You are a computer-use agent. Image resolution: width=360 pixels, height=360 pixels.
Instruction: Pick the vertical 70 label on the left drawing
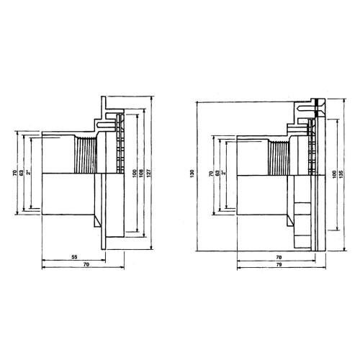click(x=15, y=173)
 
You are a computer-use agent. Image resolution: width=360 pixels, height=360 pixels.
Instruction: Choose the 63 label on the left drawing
click(x=23, y=173)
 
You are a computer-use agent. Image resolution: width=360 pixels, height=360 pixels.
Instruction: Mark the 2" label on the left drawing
click(x=31, y=173)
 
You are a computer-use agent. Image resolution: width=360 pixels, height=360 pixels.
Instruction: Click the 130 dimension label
click(x=192, y=174)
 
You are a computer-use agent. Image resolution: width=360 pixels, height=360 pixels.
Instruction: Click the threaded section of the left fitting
click(x=85, y=154)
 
